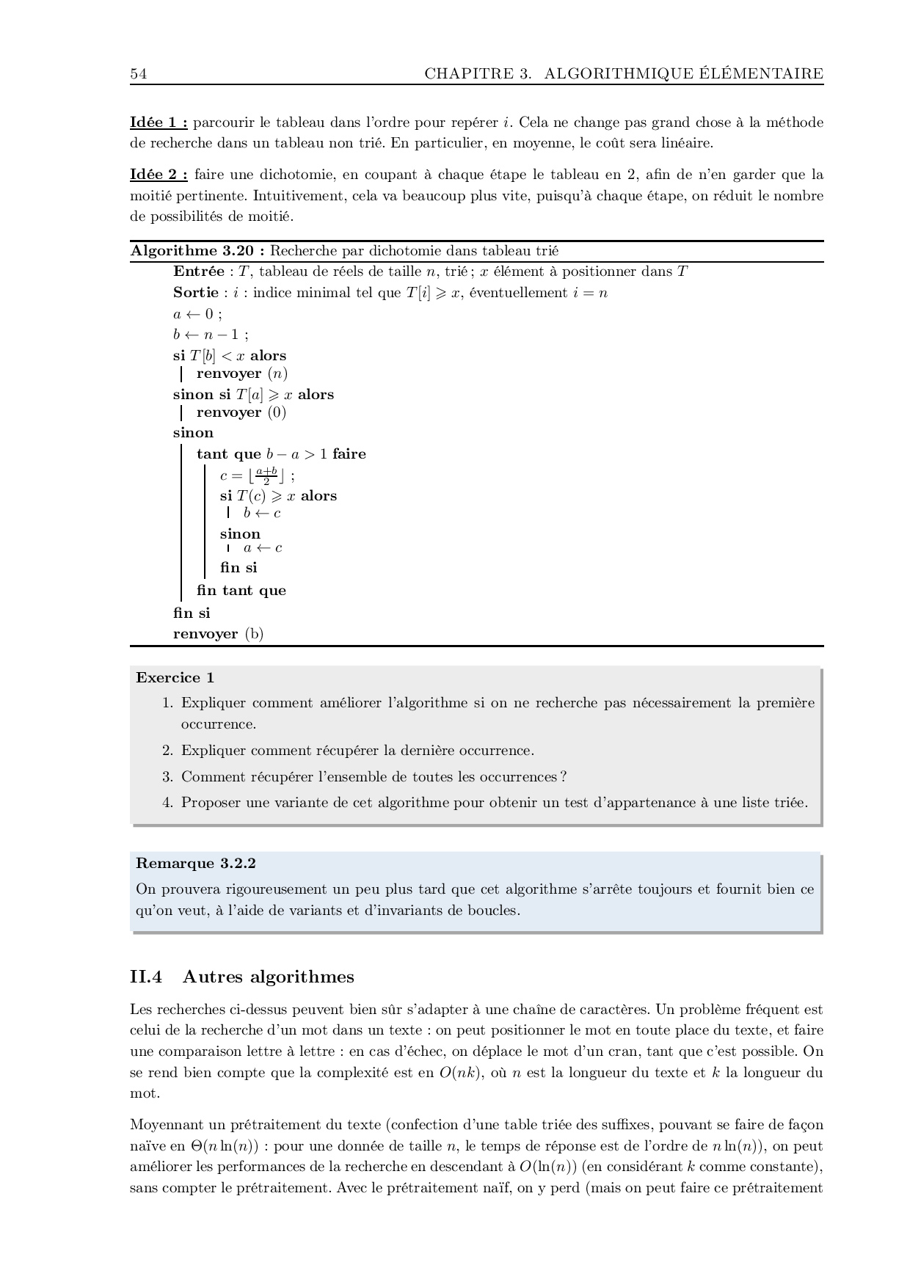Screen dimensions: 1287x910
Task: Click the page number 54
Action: click(x=138, y=74)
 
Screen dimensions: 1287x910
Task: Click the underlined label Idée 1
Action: click(x=159, y=123)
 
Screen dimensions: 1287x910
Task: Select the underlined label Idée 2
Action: click(x=159, y=175)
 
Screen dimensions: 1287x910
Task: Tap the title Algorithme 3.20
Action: click(x=197, y=251)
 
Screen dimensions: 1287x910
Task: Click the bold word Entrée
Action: click(x=198, y=271)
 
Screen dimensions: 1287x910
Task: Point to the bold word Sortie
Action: click(x=195, y=293)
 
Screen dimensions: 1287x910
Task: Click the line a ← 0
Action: click(x=197, y=314)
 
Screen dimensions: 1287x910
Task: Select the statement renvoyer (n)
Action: click(x=241, y=373)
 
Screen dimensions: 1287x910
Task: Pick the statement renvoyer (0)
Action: click(x=241, y=412)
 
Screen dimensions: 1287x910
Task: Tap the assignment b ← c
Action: click(x=262, y=513)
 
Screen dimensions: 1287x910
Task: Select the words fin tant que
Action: click(x=241, y=591)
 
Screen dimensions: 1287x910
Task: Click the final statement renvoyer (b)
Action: click(x=218, y=634)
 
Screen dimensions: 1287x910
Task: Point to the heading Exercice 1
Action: click(x=175, y=678)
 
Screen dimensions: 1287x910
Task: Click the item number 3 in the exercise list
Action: click(x=167, y=777)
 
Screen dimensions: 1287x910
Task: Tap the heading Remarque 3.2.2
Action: click(x=195, y=864)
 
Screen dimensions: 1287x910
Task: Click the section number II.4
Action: click(x=145, y=977)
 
